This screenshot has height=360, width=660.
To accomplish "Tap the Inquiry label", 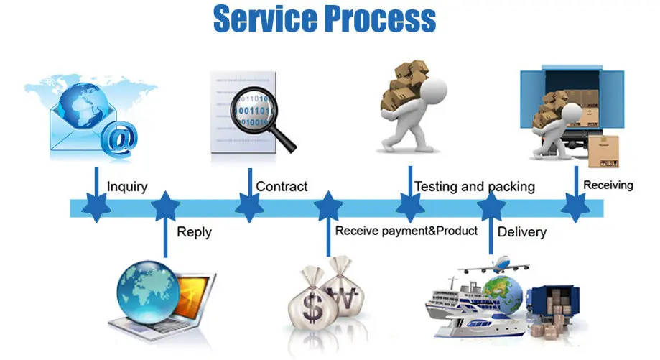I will point(127,187).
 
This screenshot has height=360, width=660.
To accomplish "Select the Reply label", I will point(194,232).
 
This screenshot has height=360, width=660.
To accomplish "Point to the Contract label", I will point(282,187).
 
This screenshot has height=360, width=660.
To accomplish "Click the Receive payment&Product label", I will point(406,231).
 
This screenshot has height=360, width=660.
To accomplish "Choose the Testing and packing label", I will point(475,187).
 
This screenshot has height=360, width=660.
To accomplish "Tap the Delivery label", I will point(522,232).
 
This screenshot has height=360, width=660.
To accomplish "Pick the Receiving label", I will point(608,185).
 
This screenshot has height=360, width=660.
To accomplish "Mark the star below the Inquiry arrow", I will point(96,208).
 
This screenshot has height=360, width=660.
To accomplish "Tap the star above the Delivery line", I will point(492,207).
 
